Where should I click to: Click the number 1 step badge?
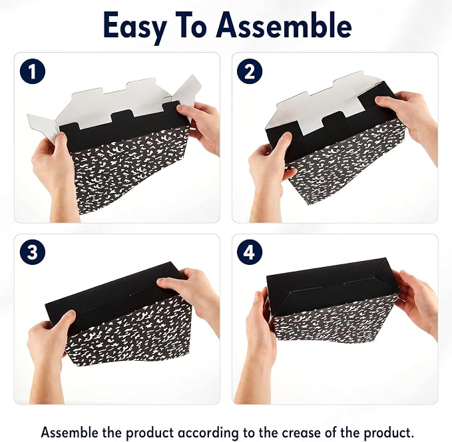[33, 71]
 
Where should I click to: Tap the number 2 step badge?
[250, 71]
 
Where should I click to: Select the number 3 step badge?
[33, 252]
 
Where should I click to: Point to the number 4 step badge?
[250, 252]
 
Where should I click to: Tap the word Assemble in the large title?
[284, 25]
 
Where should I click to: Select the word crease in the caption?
[300, 433]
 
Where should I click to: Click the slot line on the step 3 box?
[144, 294]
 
